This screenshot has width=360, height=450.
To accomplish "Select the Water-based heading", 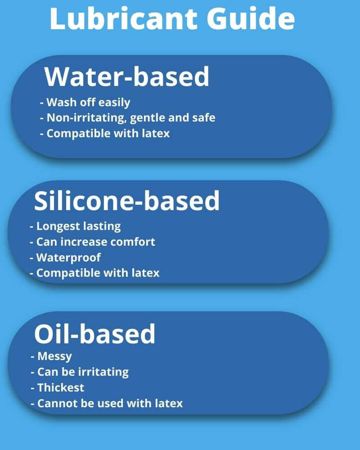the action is [127, 76].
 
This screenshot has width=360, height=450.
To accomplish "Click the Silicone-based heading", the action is [126, 201].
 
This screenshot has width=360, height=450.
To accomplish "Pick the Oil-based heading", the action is [95, 333].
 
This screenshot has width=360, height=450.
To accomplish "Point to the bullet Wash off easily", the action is [85, 103].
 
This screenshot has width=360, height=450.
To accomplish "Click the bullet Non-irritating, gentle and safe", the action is [127, 118].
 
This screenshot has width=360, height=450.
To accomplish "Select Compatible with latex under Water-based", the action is [105, 134].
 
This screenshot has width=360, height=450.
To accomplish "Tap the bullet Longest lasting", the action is [75, 226].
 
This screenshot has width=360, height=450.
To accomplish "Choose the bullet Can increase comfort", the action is [92, 242].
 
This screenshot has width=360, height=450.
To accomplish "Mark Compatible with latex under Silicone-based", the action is [94, 273].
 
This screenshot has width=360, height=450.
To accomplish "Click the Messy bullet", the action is [51, 356].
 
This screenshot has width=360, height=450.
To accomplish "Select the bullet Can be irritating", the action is [80, 372].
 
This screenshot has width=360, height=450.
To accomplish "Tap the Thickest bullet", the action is [58, 388].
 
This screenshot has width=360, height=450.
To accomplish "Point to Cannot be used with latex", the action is [107, 403].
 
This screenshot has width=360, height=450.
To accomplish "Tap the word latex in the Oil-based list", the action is [169, 403].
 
